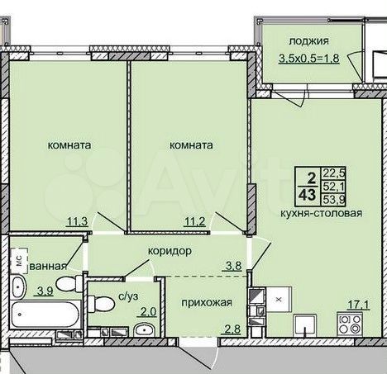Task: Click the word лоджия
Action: click(308, 41)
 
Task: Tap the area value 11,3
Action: click(78, 221)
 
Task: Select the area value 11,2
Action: click(195, 221)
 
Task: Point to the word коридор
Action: click(170, 251)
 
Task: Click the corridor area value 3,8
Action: click(234, 266)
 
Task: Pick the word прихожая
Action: click(207, 303)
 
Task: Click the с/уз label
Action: click(128, 296)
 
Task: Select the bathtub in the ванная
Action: click(45, 315)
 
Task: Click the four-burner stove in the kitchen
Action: click(350, 324)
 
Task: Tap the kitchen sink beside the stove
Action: click(305, 325)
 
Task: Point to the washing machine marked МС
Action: click(19, 261)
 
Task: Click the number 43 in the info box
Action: click(308, 195)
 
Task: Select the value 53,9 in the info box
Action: click(334, 199)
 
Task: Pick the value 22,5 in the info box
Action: click(334, 173)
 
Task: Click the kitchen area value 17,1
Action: click(358, 305)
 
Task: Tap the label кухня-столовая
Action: click(321, 213)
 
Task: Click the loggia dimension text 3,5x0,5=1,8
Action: click(309, 59)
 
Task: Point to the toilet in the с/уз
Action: click(101, 304)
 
